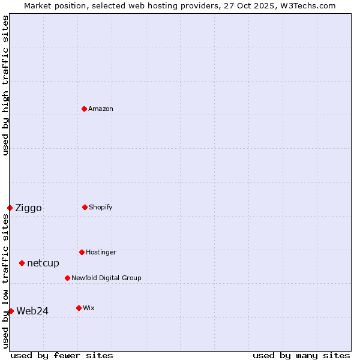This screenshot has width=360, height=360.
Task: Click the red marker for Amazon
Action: click(x=85, y=109)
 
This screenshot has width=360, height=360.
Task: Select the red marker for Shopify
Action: click(x=85, y=207)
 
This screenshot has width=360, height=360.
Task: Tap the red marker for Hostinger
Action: click(x=82, y=252)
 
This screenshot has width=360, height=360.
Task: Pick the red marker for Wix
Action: click(x=79, y=308)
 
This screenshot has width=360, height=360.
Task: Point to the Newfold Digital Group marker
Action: click(x=67, y=278)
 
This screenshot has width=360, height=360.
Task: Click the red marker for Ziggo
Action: click(x=10, y=208)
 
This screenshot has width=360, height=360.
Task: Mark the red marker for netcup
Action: click(x=22, y=263)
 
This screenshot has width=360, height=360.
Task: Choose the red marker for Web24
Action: click(x=11, y=311)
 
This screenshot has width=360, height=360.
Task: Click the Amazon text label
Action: click(x=101, y=109)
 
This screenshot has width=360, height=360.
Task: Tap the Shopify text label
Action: click(x=101, y=208)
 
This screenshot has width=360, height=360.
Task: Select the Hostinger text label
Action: click(x=101, y=253)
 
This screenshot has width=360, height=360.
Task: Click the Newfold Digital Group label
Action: click(x=106, y=278)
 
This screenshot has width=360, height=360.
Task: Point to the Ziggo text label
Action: click(x=29, y=208)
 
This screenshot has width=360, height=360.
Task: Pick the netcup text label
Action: click(x=43, y=263)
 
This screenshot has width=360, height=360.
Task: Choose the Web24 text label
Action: click(x=32, y=311)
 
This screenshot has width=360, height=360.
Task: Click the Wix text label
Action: click(x=89, y=308)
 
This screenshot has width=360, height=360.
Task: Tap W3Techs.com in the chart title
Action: click(x=307, y=5)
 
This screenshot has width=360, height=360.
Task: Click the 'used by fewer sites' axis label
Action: click(x=62, y=356)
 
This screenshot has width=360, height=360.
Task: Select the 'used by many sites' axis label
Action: click(x=301, y=356)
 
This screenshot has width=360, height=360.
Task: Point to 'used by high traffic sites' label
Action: click(x=5, y=85)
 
